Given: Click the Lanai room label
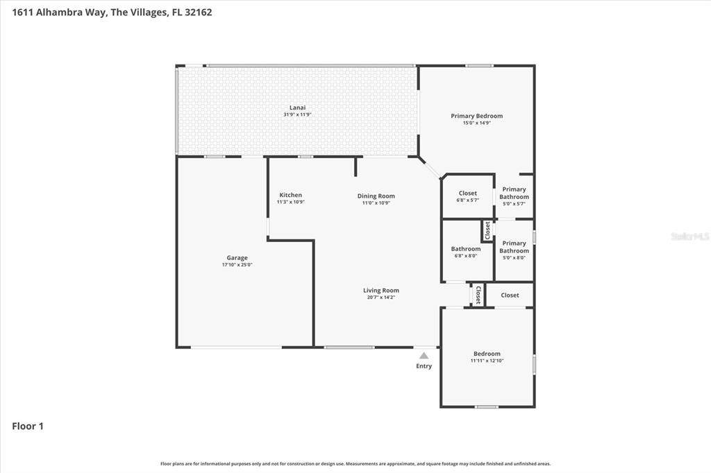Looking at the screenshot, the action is pos(297,108).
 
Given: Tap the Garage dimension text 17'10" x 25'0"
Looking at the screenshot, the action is pos(237,265).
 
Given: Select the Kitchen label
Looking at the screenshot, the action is pos(291,195).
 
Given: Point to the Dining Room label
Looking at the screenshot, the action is pos(376,196).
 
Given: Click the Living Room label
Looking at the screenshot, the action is pos(381,291).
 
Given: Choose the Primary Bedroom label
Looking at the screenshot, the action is pos(476,116).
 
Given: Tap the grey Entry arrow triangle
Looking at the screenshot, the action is pos(424,356).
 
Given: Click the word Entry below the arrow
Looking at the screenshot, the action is pos(424,366).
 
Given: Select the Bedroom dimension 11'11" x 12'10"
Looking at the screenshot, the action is pos(487,361).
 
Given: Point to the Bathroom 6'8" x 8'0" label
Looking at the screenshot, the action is pos(466,252).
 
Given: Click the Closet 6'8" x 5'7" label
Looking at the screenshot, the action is pos(467,196).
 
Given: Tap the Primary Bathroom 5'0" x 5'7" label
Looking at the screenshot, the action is pos(515,196).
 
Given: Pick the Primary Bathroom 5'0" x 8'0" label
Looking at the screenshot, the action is pos(515,250).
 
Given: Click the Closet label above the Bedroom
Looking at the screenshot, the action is pos(510,295).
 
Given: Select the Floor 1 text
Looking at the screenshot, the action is pos(28,426).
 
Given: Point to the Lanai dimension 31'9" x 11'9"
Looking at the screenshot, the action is pos(297,114).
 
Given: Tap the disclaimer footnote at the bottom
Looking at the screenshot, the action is pos(355,463).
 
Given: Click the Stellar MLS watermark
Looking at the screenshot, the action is pos(690,236).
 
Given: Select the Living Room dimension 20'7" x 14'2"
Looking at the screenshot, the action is pos(381,298).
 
